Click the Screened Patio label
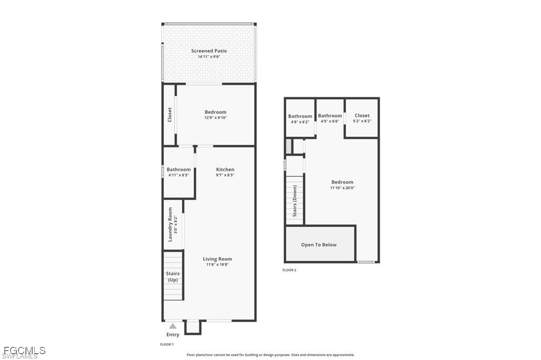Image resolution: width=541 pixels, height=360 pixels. pos(209,51)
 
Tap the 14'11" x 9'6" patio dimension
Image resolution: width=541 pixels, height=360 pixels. pos(209,56)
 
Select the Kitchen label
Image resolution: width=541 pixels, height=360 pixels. pos(225,169)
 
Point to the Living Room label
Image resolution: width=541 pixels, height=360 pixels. pos(217,259)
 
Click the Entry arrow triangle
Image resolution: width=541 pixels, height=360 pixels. pos(173,326)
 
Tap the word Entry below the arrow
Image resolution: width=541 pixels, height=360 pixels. pos(173,335)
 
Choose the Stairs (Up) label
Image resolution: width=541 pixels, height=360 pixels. pos(173,277)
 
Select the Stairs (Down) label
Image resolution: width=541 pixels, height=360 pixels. pos(295,201)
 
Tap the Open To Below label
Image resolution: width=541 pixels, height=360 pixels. pos(319,244)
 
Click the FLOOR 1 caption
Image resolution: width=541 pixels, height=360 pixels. pos(167,344)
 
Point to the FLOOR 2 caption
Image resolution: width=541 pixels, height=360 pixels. pos(290,270)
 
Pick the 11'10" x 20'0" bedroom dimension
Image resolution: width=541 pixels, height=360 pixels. pos(342,188)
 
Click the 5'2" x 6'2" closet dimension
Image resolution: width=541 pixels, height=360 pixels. pos(362,121)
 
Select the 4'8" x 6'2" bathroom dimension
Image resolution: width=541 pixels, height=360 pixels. pos(300,122)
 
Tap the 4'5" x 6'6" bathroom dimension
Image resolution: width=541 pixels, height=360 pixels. pos(330,121)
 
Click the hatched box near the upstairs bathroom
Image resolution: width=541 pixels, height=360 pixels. pos(289,146)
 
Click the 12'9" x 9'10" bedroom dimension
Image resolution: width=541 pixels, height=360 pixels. pos(216,118)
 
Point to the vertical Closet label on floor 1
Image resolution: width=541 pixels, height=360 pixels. pos(170,115)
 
